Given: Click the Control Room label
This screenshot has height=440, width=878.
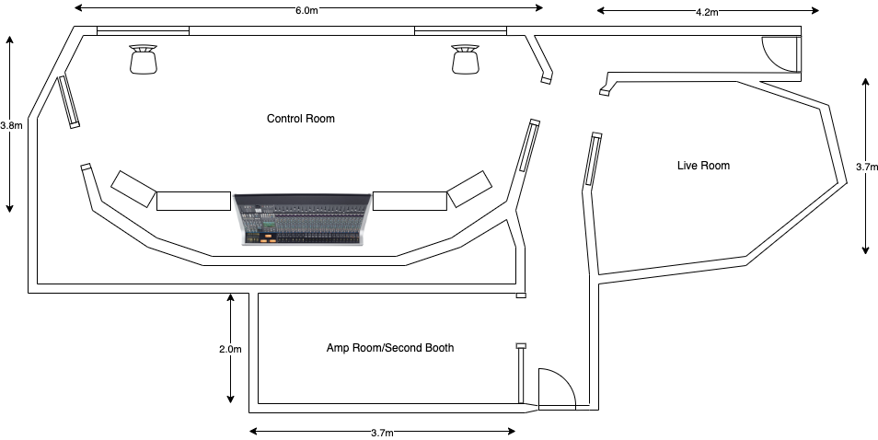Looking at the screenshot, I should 300,119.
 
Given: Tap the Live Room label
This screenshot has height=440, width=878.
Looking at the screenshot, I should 703,166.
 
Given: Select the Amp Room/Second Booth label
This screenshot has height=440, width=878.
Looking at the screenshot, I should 390,348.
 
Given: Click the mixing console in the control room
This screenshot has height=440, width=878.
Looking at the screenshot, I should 302,219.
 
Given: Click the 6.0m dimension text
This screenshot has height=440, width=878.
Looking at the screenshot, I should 307,10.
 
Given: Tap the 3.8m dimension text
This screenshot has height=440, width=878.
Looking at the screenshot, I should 11,125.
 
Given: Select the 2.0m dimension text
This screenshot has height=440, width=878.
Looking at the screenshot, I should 230,349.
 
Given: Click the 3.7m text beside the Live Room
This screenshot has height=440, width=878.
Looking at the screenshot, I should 866,167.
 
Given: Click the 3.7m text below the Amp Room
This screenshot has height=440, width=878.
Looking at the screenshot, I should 382,433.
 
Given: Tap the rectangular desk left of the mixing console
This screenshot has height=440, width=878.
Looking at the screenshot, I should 193,201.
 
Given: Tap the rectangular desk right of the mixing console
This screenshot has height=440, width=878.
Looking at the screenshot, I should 410,201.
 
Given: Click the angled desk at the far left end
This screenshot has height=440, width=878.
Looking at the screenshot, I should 133,189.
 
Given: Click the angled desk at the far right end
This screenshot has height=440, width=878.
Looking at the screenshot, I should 469,189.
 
